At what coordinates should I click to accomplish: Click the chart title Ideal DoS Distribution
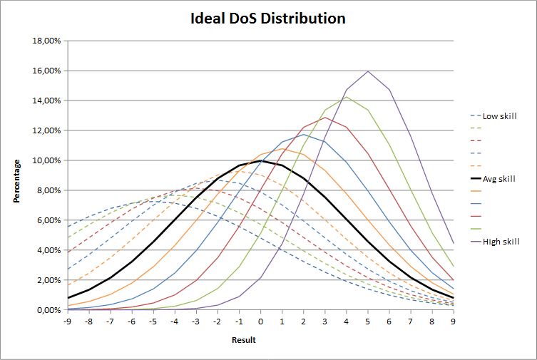pos(267,19)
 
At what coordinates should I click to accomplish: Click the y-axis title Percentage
pos(16,176)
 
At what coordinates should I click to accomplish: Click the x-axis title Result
pos(243,340)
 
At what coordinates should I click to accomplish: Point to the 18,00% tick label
pos(46,41)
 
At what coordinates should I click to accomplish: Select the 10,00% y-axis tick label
pos(46,161)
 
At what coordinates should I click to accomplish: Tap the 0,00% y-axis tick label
pos(48,310)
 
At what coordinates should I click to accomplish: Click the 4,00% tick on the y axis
pos(48,250)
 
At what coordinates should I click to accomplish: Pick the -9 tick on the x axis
pos(68,322)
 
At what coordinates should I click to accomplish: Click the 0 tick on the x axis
pos(260,322)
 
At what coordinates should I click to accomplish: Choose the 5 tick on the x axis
pos(367,322)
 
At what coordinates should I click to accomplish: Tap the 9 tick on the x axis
pos(453,322)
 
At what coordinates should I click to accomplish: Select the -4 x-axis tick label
pos(175,322)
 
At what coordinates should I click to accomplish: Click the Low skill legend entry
pos(499,115)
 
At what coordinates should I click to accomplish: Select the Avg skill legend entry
pos(499,178)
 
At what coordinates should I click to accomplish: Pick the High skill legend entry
pos(501,242)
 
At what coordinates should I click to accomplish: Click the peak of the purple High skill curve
pos(367,71)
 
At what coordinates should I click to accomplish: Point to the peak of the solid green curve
pos(346,97)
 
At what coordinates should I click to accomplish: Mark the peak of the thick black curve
pos(260,160)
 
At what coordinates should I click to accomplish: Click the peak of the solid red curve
pos(324,118)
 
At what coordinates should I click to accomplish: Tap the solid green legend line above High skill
pos(476,229)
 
